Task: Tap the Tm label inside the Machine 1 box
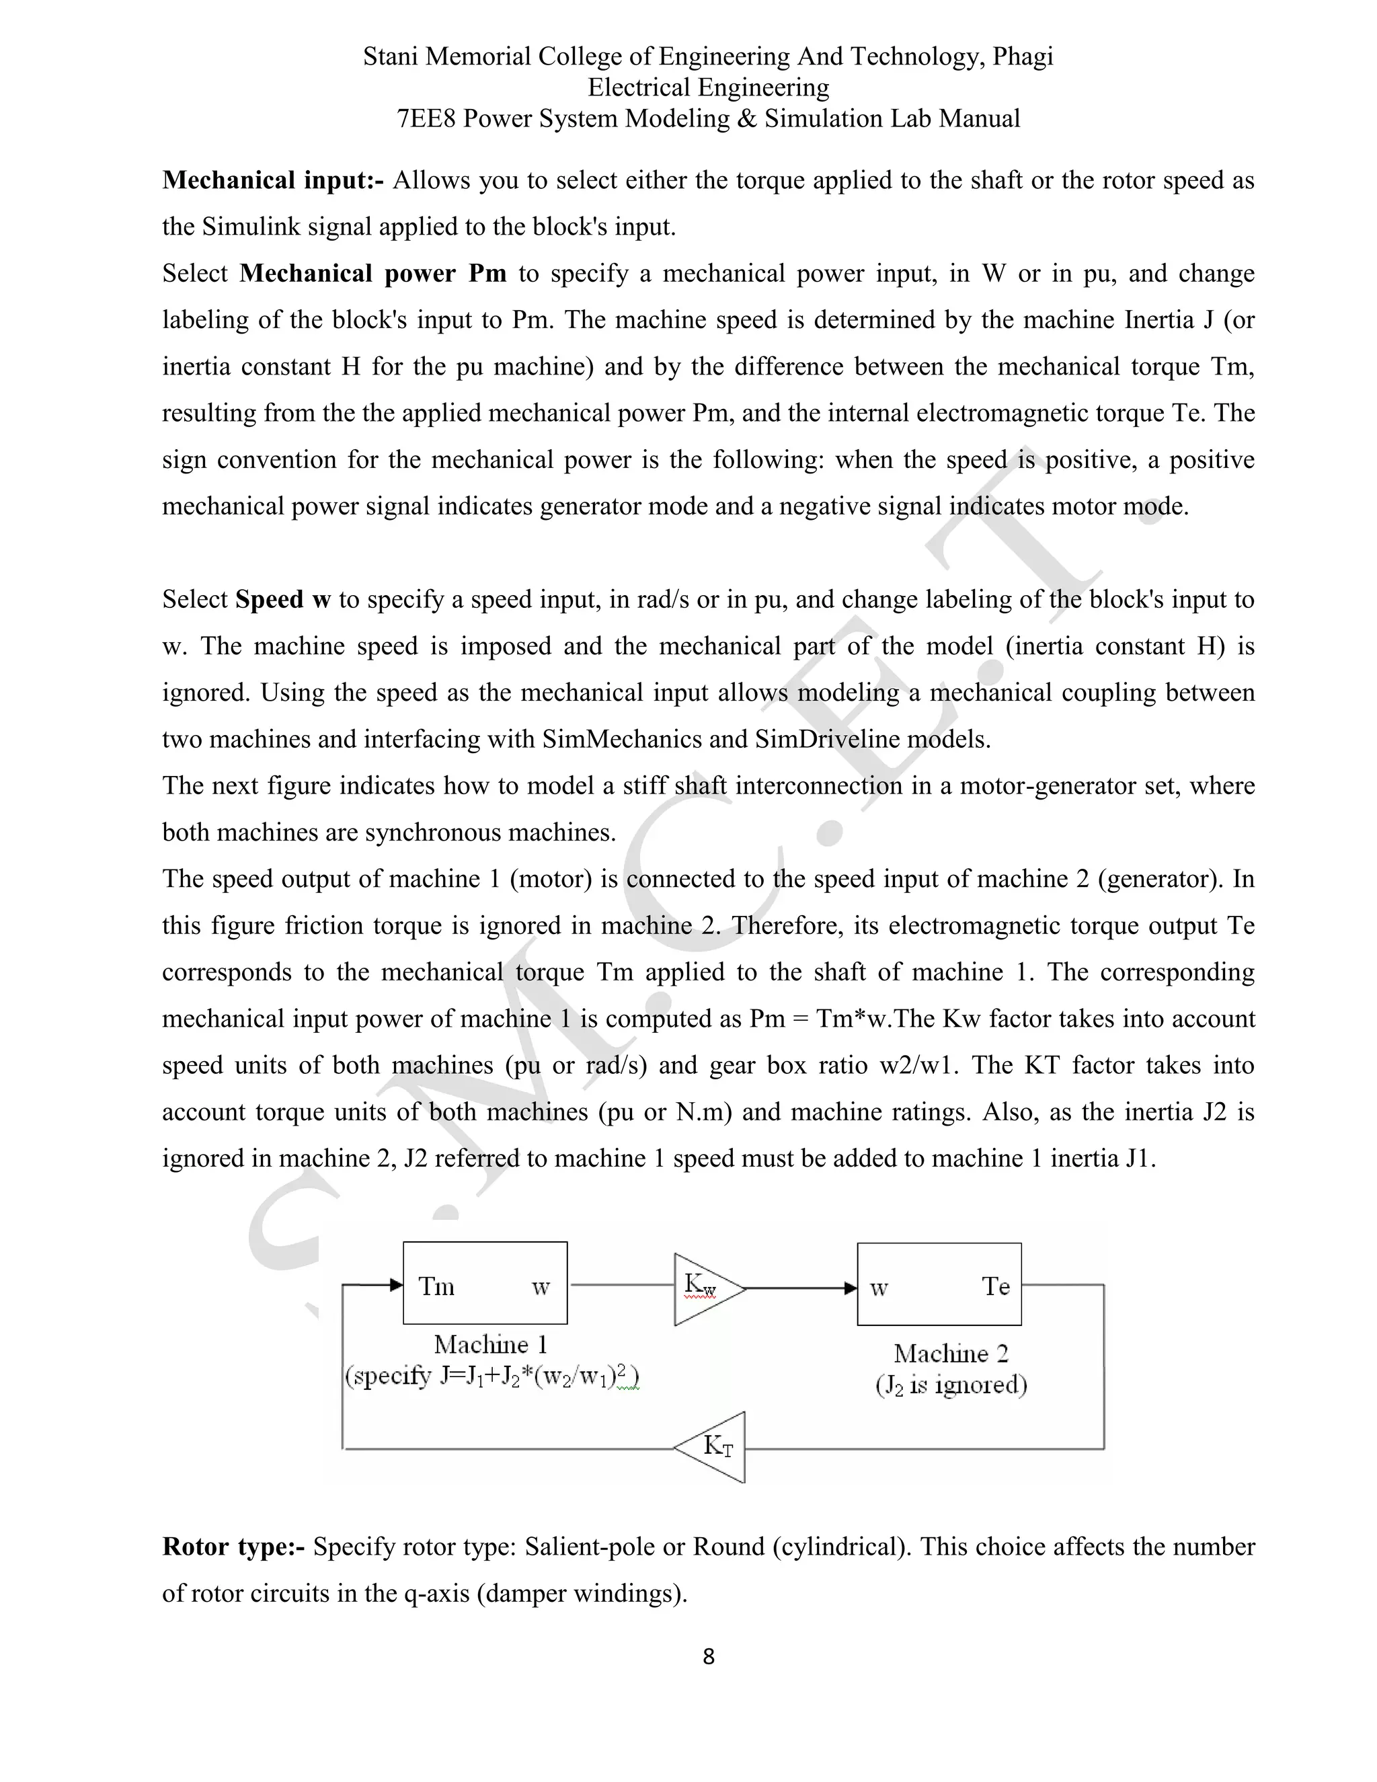[x=436, y=1286]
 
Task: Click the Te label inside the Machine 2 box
[x=995, y=1286]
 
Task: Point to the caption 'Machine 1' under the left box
[x=490, y=1344]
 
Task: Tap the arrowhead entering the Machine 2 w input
[x=850, y=1288]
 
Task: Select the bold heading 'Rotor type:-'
[x=233, y=1546]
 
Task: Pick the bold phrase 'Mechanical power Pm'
[x=372, y=273]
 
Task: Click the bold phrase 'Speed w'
[x=282, y=600]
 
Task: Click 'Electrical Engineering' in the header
[x=708, y=87]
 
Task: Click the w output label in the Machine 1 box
[x=540, y=1288]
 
